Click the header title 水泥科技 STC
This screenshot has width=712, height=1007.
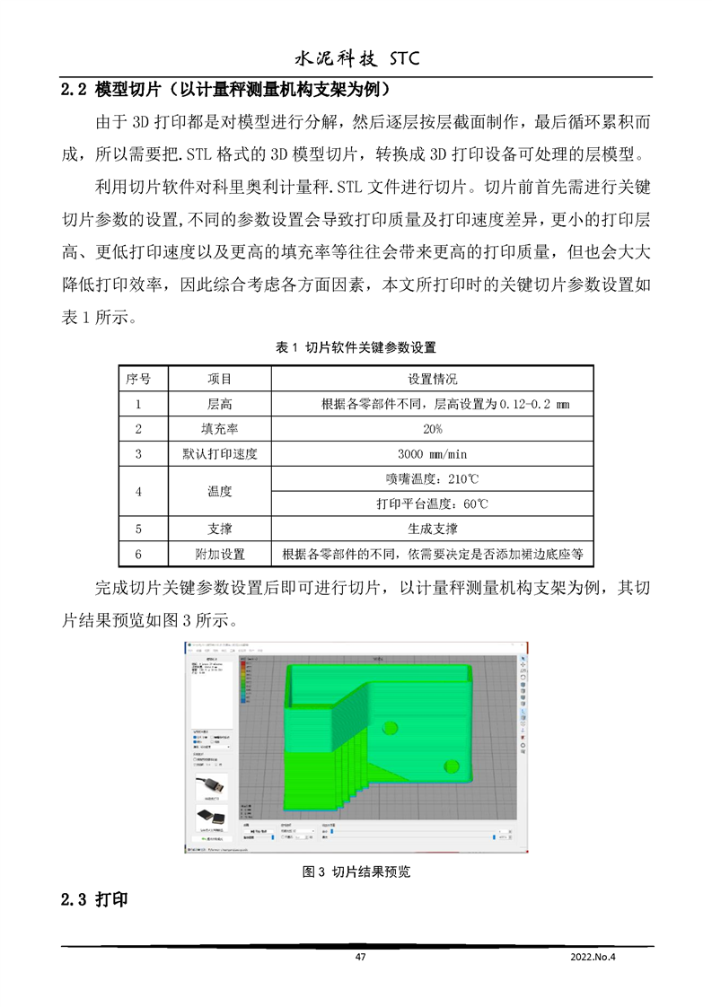357,58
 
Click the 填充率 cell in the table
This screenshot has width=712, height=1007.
219,429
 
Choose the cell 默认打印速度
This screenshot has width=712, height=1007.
219,454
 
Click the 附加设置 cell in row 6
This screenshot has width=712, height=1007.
219,554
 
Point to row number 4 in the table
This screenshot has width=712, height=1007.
138,491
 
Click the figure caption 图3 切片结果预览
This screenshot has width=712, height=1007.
356,871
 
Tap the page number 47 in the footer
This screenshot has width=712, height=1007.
360,957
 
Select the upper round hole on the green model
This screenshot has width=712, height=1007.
390,727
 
